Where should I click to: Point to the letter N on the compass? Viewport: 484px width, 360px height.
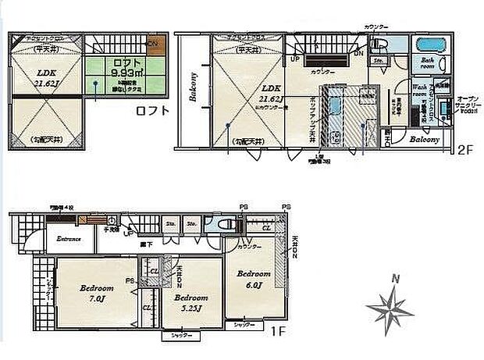396,278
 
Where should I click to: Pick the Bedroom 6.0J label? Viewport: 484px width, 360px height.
254,280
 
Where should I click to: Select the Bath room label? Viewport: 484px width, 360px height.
428,62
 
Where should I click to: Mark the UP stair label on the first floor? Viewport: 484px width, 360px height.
128,233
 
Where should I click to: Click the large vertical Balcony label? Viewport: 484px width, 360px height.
192,87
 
